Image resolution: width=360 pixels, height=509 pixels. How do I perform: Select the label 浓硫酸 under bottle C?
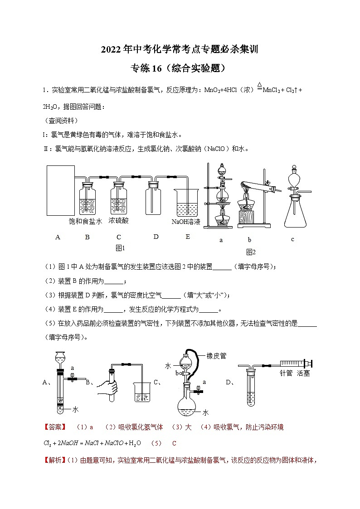(119, 221)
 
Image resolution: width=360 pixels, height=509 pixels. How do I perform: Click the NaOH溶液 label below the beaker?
(186, 222)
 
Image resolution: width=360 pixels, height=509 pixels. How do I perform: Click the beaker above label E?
(186, 203)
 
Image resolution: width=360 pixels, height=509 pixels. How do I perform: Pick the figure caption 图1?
(120, 248)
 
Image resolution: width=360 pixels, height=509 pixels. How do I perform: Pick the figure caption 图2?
(251, 252)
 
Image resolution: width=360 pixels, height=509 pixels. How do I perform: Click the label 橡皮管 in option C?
(216, 356)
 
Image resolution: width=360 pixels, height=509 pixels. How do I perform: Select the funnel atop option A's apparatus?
(59, 359)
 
